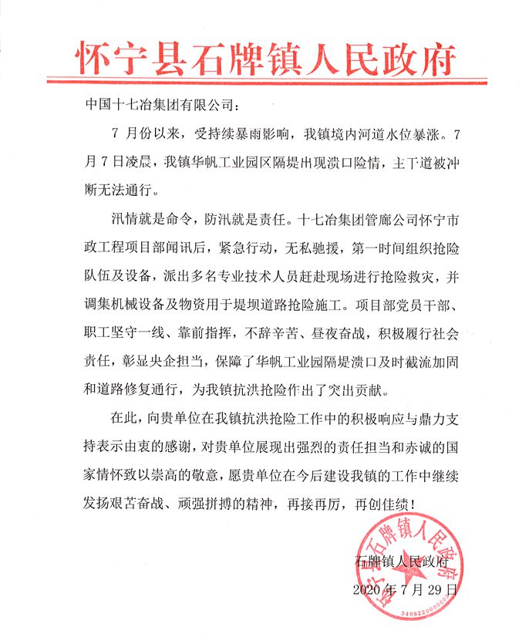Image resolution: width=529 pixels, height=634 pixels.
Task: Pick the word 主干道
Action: (x=394, y=162)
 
